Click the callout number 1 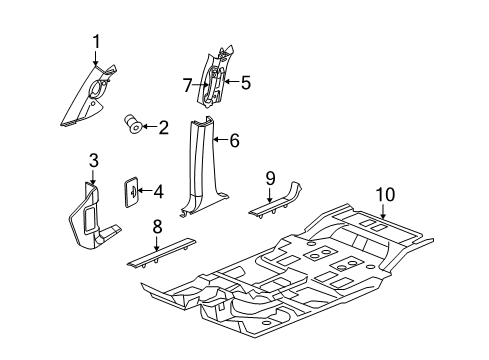pyautogui.click(x=96, y=40)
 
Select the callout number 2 pyautogui.click(x=164, y=127)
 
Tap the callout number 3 pyautogui.click(x=93, y=160)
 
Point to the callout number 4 pyautogui.click(x=158, y=190)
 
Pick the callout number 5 pyautogui.click(x=246, y=83)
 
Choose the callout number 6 pyautogui.click(x=234, y=142)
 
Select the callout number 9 pyautogui.click(x=269, y=177)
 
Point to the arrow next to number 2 pyautogui.click(x=148, y=126)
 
